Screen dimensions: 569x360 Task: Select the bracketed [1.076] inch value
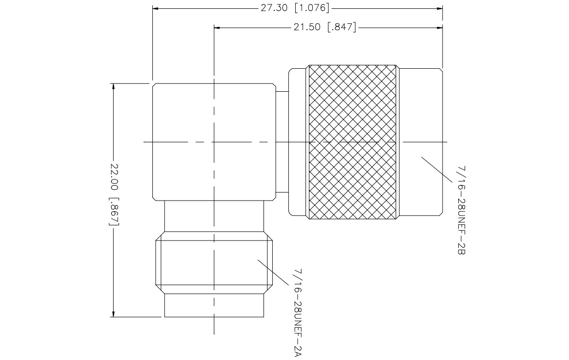coord(312,8)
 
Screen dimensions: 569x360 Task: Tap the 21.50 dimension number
coord(307,27)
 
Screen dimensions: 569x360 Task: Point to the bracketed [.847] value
coord(342,27)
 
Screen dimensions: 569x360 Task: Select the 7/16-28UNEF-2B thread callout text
coord(461,210)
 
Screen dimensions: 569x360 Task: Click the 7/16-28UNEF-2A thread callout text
coord(298,313)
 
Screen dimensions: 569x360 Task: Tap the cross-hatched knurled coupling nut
coord(352,142)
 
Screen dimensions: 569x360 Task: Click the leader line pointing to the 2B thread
coord(437,169)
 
